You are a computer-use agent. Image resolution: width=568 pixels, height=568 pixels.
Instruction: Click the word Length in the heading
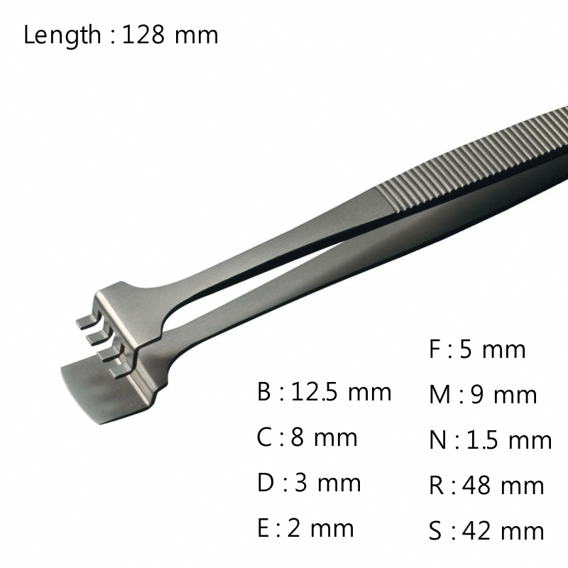tap(62, 35)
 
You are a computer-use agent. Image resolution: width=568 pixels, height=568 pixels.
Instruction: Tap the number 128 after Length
tap(143, 35)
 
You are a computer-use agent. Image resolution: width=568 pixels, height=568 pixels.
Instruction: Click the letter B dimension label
tap(263, 392)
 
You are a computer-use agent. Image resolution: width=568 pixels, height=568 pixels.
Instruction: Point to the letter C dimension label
tap(264, 437)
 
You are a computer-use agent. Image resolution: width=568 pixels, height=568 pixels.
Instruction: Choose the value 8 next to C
tap(297, 437)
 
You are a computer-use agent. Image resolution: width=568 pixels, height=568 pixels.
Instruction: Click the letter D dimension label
tap(266, 483)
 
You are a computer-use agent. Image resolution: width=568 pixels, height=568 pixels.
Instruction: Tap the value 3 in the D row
tap(300, 483)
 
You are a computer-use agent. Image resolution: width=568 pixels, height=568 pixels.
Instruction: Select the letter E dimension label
tap(263, 528)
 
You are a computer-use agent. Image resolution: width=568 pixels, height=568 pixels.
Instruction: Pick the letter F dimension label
tap(435, 349)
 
